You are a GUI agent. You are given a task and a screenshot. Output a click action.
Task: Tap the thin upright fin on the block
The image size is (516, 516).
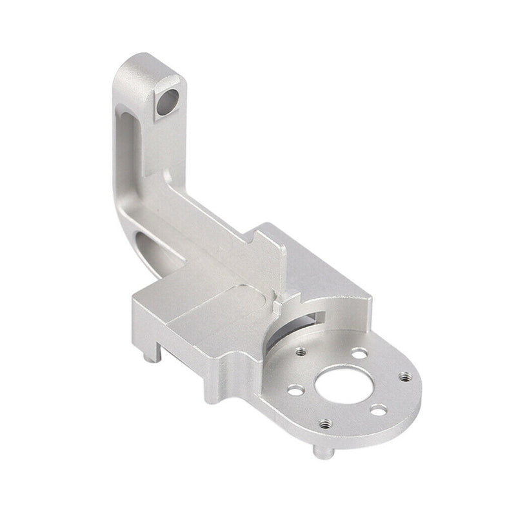274,258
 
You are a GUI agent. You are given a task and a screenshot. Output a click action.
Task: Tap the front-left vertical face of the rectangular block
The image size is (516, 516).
174,335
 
